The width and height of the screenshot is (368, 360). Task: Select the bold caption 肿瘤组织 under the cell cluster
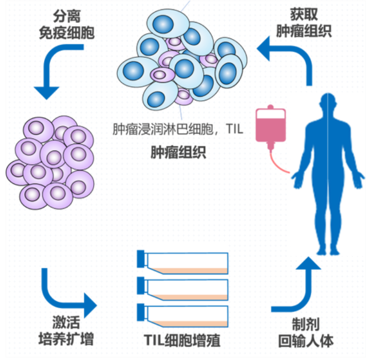point(179,152)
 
